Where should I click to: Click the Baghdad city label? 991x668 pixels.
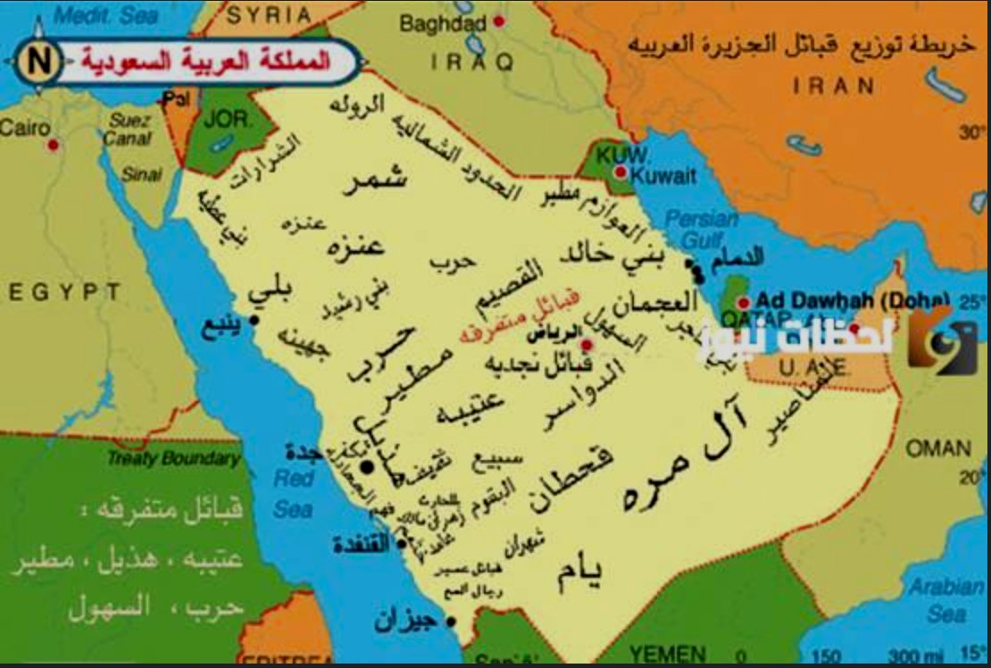coord(443,23)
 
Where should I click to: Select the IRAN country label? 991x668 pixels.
coord(834,86)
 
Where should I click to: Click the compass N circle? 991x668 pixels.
coord(39,62)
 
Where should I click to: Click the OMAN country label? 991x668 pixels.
coord(938,448)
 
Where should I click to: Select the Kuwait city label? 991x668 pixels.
coord(662,176)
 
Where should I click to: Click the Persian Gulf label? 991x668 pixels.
coord(702,230)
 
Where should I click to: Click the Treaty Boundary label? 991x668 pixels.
coord(174,459)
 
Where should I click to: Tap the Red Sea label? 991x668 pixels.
coord(293,493)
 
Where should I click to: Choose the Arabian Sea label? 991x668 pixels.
coord(945,600)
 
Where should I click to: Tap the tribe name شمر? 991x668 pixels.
coord(374,180)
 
